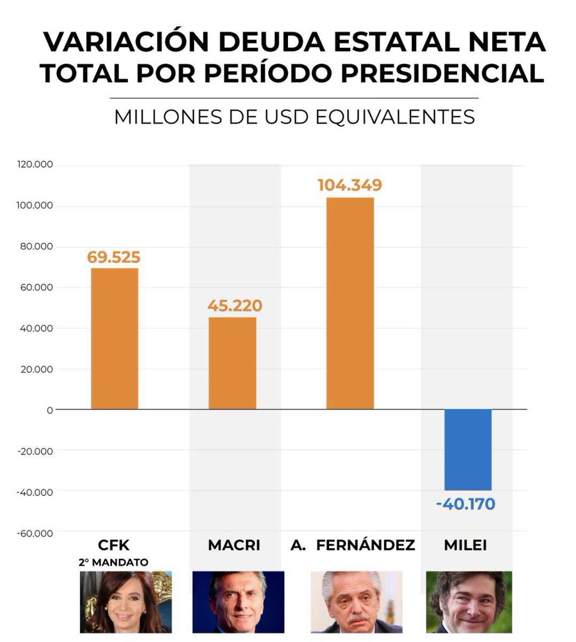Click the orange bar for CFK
click(x=115, y=339)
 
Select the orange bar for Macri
click(x=232, y=363)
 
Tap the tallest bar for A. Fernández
click(x=350, y=303)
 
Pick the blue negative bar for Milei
click(x=468, y=449)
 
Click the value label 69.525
click(x=113, y=258)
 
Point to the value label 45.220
click(x=234, y=306)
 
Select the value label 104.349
click(x=350, y=185)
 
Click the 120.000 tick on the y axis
click(x=35, y=165)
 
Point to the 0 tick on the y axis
click(x=50, y=410)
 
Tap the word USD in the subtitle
click(x=288, y=117)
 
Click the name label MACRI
click(x=234, y=545)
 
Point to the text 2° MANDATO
click(x=113, y=562)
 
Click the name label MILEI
click(x=465, y=545)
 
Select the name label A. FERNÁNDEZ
click(x=353, y=545)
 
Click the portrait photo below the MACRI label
click(x=238, y=602)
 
